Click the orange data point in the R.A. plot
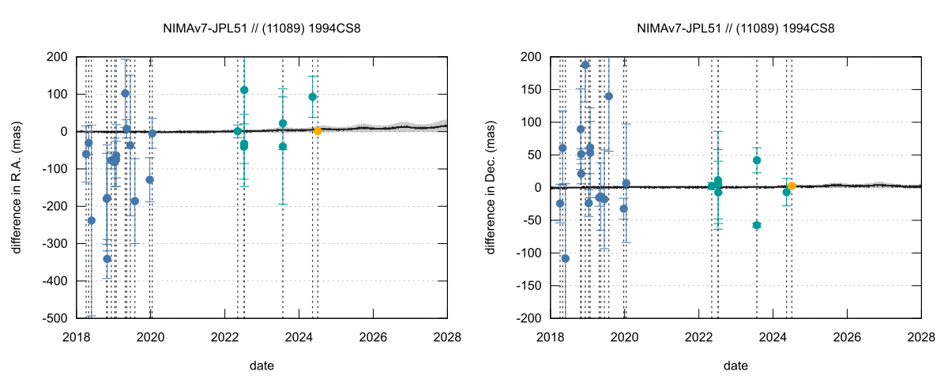(x=318, y=131)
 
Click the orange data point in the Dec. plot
(x=792, y=186)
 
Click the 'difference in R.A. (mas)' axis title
(x=17, y=187)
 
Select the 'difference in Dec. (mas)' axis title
(x=491, y=187)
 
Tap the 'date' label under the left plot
(x=262, y=366)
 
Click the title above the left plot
(x=262, y=28)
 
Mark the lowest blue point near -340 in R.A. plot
(x=107, y=258)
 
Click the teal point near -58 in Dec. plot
(x=757, y=225)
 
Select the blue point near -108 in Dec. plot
(x=566, y=258)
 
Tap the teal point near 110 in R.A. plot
(x=244, y=90)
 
